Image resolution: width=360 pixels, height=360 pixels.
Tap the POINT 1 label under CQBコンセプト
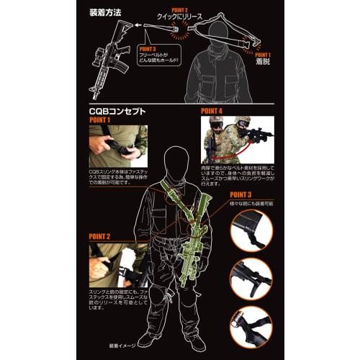point(101,121)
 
